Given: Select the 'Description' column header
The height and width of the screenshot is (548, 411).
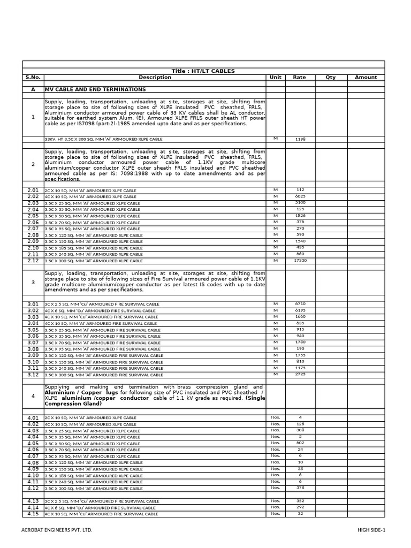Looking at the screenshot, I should click(155, 78).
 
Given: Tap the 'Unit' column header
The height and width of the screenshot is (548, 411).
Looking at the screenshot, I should click(275, 78).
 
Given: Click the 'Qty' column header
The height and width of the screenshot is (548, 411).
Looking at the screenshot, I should click(330, 78).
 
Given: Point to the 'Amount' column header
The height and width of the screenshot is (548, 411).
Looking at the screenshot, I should click(366, 78).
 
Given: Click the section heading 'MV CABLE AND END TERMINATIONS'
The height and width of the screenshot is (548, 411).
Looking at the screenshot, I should click(95, 90).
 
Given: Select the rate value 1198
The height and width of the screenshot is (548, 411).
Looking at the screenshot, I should click(300, 139).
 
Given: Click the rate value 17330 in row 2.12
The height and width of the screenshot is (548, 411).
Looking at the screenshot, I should click(300, 261).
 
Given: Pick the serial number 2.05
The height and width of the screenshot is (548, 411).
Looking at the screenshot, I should click(33, 216).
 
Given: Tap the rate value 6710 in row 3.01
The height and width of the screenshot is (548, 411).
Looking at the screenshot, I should click(300, 304).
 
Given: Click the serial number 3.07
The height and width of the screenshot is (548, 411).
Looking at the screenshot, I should click(33, 342).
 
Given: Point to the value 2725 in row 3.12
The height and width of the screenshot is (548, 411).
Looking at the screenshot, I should click(300, 375).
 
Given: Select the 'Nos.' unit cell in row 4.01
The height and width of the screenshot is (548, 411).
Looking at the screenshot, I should click(275, 417).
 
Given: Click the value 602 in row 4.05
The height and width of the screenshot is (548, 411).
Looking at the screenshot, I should click(300, 443).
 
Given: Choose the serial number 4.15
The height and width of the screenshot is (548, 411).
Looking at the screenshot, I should click(33, 514).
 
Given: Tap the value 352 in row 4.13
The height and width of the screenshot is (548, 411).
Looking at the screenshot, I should click(300, 501).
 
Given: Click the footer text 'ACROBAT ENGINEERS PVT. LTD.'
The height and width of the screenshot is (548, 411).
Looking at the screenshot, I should click(57, 530).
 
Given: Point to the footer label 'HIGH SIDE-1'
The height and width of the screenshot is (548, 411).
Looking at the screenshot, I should click(371, 530).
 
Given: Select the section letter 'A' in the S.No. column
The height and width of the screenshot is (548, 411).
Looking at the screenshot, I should click(33, 90).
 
